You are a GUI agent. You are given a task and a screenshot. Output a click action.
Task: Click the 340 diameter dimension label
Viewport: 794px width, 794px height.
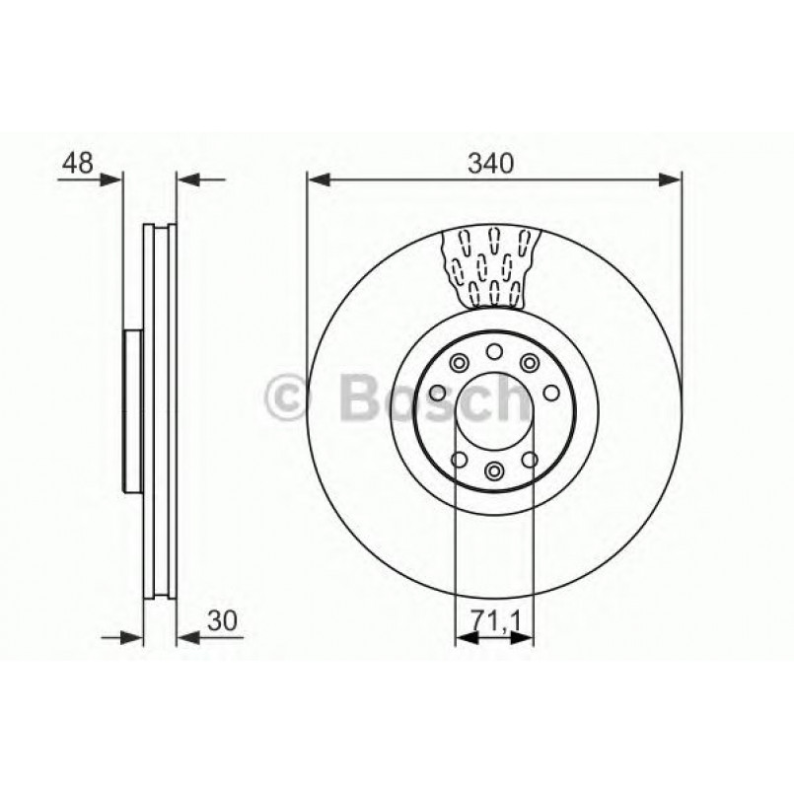(494, 163)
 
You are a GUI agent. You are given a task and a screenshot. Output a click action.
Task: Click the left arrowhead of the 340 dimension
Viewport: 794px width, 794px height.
(317, 180)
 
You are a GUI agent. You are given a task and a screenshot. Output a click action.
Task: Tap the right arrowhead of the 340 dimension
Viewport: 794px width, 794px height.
(671, 180)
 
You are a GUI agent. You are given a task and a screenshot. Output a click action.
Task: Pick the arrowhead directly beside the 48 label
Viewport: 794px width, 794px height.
(114, 180)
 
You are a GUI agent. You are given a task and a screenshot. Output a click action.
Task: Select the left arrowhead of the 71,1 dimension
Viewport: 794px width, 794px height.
(465, 638)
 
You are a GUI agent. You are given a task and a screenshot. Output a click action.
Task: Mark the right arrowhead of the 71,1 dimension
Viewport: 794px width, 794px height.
(524, 638)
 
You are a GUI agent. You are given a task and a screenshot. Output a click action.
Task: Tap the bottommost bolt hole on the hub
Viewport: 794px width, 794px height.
(494, 470)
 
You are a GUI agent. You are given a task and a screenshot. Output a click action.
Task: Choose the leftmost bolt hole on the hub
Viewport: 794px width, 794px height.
(436, 394)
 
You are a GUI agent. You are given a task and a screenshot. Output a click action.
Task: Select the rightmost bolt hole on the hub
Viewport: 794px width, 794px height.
(551, 393)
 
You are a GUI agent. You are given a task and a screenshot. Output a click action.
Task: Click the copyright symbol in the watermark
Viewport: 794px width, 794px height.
(289, 397)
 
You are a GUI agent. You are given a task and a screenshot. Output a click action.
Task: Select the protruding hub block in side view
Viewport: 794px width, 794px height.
(133, 410)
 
